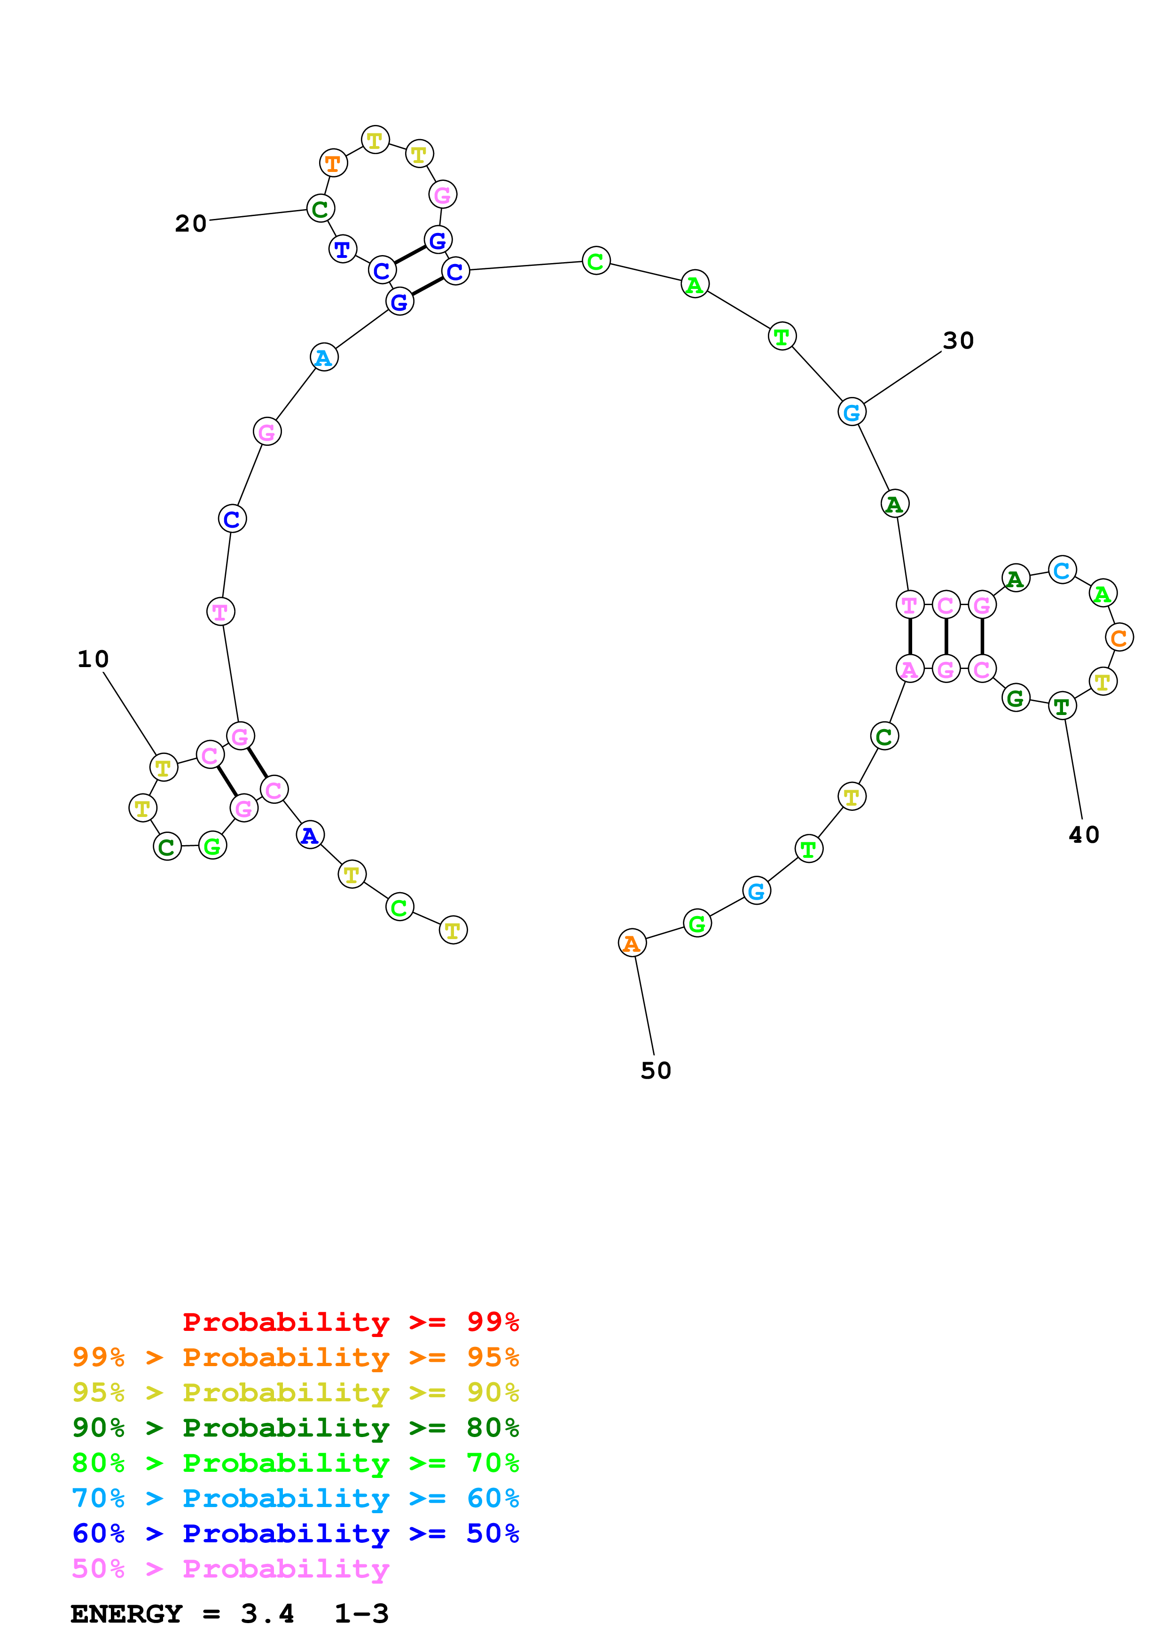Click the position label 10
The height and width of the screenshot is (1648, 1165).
(94, 659)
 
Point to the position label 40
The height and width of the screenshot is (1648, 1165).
(1084, 835)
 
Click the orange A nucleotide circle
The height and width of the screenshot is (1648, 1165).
(632, 943)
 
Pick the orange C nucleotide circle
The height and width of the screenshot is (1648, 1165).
(1119, 637)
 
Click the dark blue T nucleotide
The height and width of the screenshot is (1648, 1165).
(343, 249)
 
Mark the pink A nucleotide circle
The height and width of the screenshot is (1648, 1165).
(909, 669)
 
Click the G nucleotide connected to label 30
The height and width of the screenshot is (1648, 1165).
(852, 412)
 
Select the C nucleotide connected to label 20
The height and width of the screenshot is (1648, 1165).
(320, 209)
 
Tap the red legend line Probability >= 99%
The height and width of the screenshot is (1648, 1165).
(350, 1322)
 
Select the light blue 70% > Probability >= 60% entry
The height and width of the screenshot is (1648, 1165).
(296, 1498)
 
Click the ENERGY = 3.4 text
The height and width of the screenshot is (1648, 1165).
(182, 1614)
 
